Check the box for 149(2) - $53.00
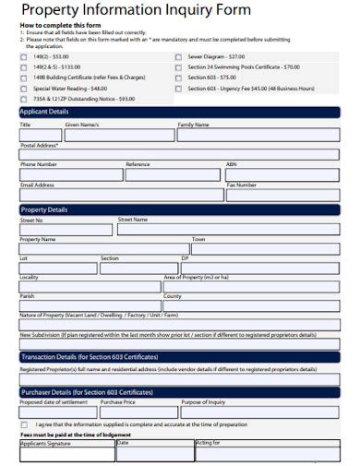pyautogui.click(x=24, y=57)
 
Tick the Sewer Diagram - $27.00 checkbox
pyautogui.click(x=178, y=57)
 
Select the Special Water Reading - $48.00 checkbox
pyautogui.click(x=24, y=88)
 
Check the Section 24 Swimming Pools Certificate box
pyautogui.click(x=178, y=67)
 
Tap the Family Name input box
pyautogui.click(x=258, y=135)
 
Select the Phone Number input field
pyautogui.click(x=70, y=174)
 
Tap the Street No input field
pyautogui.click(x=65, y=229)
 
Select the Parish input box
pyautogui.click(x=89, y=305)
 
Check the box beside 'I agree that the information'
pyautogui.click(x=24, y=425)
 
